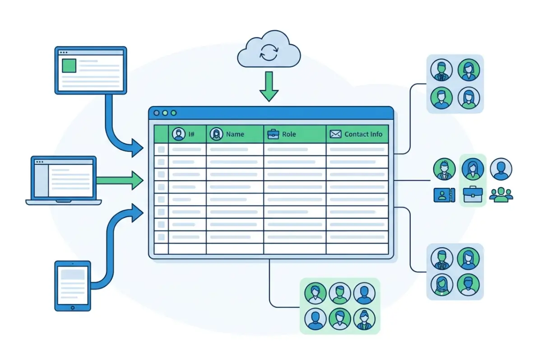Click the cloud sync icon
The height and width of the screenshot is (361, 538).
point(269,54)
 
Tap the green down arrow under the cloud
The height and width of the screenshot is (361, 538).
point(269,87)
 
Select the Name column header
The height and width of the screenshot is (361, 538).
point(235,134)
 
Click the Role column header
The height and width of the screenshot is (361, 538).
point(289,134)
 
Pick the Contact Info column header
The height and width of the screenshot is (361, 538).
point(363,134)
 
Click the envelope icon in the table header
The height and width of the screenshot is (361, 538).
point(335,134)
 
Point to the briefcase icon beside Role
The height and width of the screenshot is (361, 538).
point(273,134)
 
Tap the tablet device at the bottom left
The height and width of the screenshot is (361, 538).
point(73,285)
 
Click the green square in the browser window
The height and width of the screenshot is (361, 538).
point(69,66)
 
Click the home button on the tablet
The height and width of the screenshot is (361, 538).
point(73,307)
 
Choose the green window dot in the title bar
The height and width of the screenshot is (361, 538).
point(174,113)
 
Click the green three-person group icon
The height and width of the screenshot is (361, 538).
point(501,194)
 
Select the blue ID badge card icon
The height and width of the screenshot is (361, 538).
point(444,195)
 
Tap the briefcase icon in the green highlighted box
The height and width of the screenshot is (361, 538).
point(473,194)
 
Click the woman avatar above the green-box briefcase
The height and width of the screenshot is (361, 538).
point(473,169)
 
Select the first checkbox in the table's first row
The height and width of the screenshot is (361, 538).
point(161,149)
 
